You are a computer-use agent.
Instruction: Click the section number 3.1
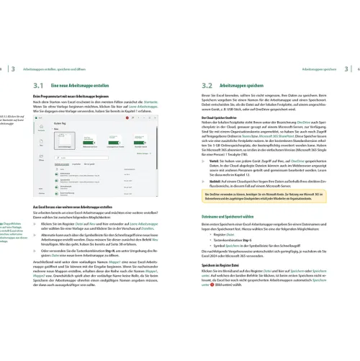click(x=40, y=85)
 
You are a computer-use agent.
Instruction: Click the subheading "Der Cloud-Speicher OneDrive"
click(x=217, y=116)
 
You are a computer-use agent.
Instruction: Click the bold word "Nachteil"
click(x=214, y=179)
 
